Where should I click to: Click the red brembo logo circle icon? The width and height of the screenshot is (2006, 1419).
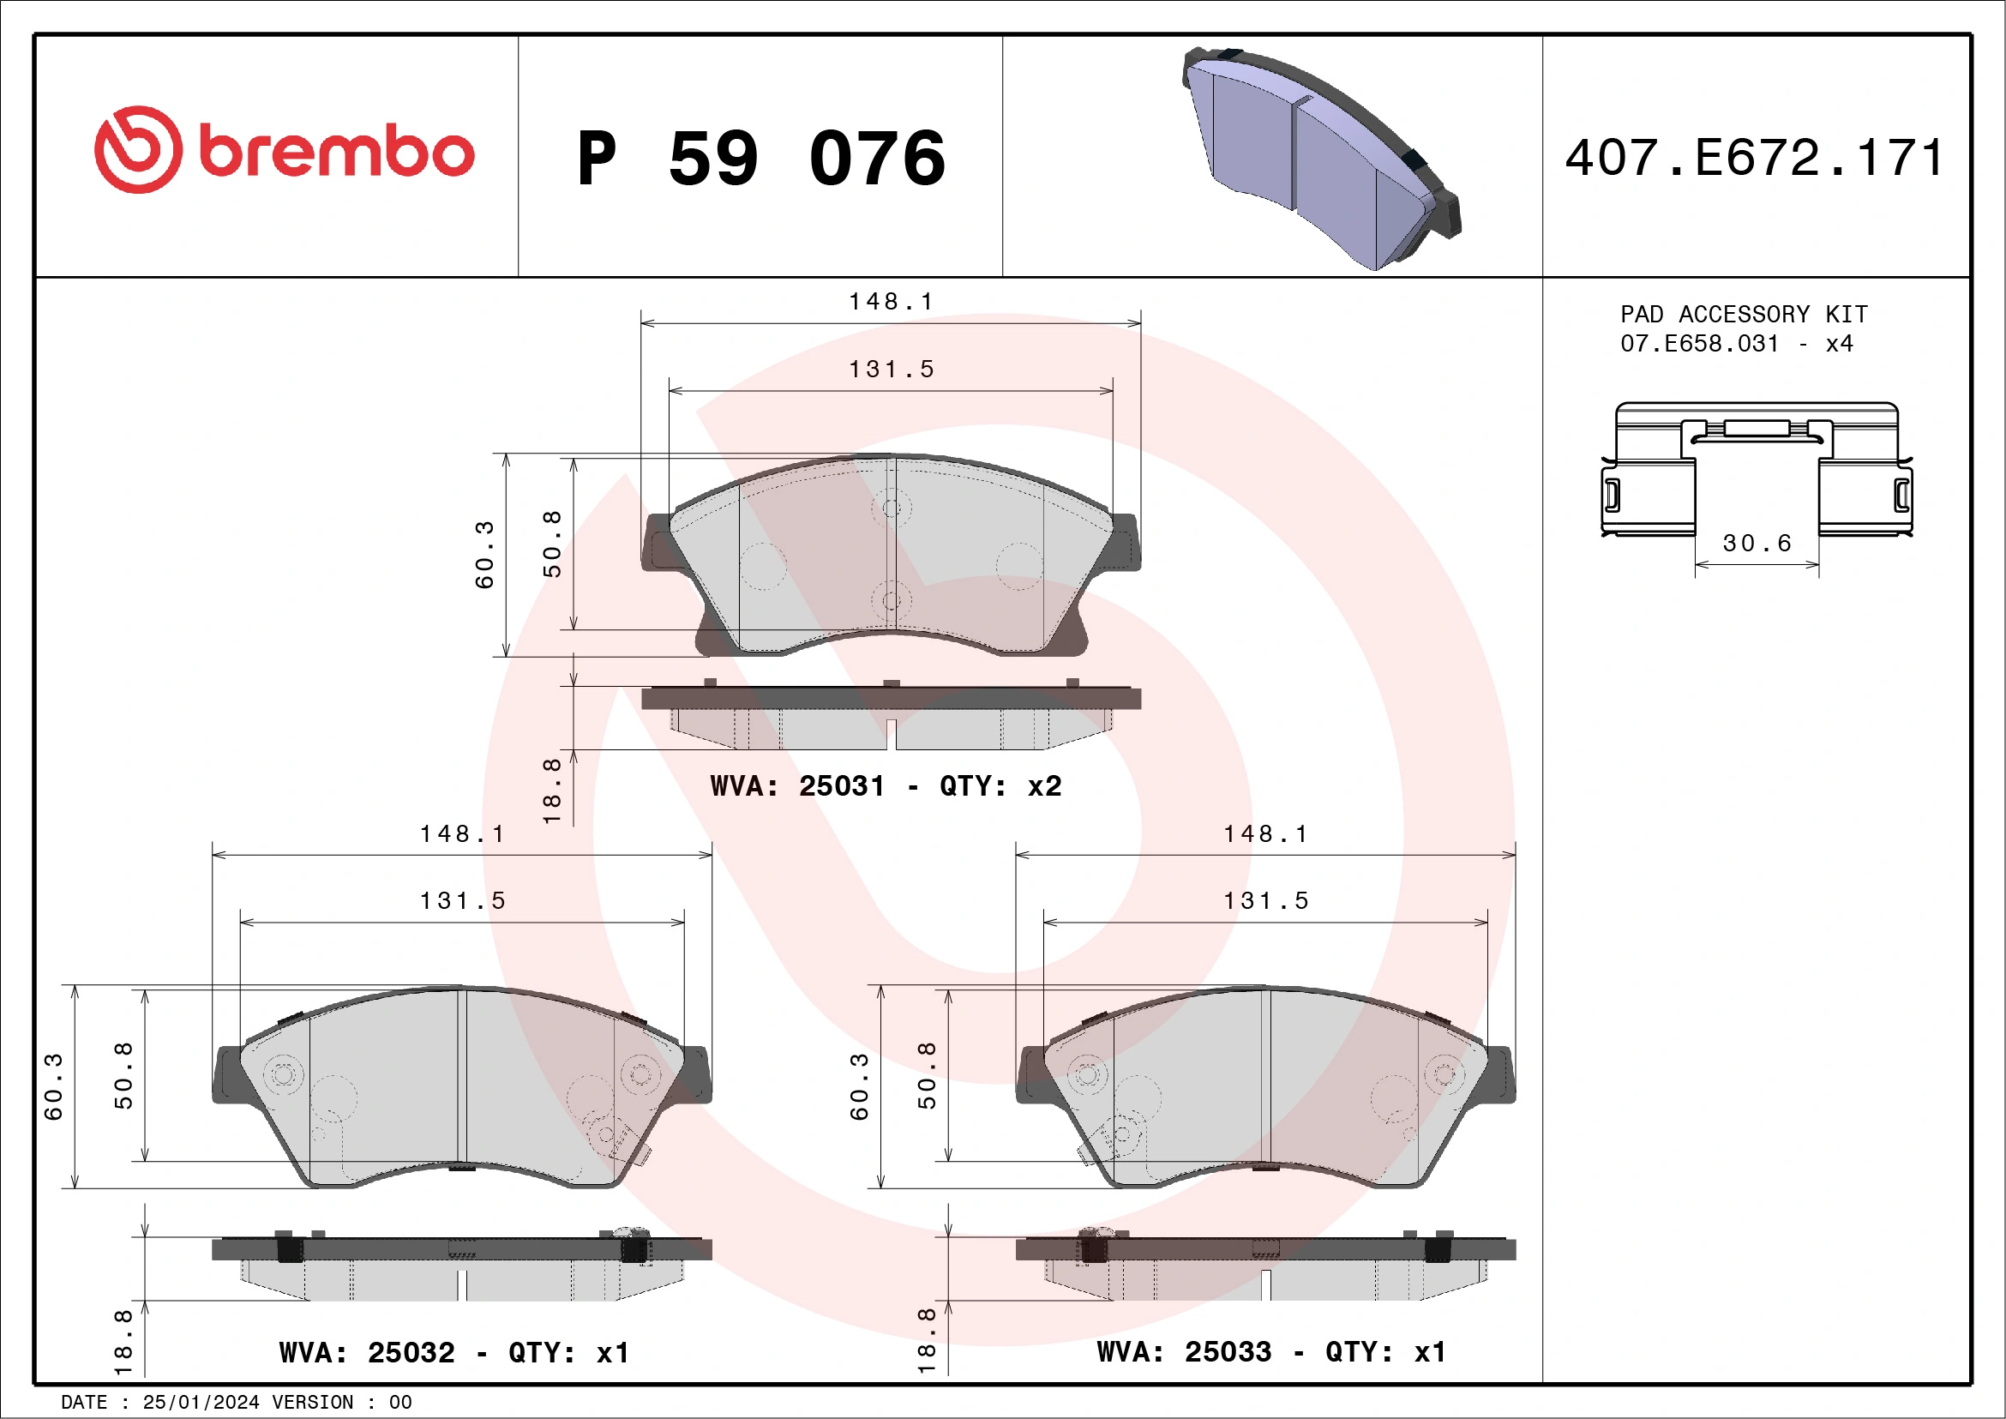click(x=138, y=149)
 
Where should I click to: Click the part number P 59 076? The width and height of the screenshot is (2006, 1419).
click(x=761, y=158)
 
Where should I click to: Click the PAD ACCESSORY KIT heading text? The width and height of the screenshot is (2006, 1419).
click(x=1744, y=314)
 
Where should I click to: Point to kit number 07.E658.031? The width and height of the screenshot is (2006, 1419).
click(x=1699, y=344)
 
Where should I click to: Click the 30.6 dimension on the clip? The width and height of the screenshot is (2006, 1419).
click(x=1757, y=544)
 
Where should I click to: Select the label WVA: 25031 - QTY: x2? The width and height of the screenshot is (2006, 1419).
click(x=886, y=785)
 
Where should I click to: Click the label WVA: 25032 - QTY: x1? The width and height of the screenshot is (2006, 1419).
click(x=454, y=1353)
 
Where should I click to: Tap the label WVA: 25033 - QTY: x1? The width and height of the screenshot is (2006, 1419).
click(x=1271, y=1352)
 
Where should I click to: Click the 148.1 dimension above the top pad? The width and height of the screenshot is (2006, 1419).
click(x=892, y=302)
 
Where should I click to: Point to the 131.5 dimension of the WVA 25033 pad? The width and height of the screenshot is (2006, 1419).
click(x=1266, y=901)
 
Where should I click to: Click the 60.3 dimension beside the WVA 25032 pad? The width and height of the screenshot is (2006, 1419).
click(x=53, y=1086)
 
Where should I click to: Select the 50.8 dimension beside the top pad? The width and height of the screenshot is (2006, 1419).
click(x=552, y=544)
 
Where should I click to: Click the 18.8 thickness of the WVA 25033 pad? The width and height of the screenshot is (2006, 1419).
click(x=926, y=1339)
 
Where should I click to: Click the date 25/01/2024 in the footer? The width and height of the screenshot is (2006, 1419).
click(x=201, y=1403)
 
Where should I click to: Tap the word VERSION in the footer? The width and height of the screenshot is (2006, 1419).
click(x=313, y=1403)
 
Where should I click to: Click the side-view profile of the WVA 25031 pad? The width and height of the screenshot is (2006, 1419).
click(x=892, y=717)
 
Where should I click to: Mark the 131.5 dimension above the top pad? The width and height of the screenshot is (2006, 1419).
click(x=892, y=370)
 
